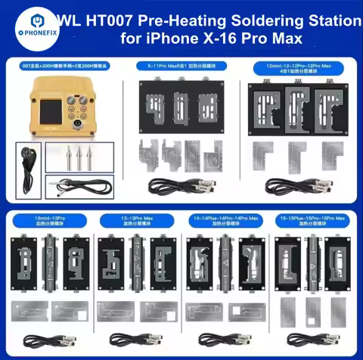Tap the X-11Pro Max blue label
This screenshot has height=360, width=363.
tap(179, 67)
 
